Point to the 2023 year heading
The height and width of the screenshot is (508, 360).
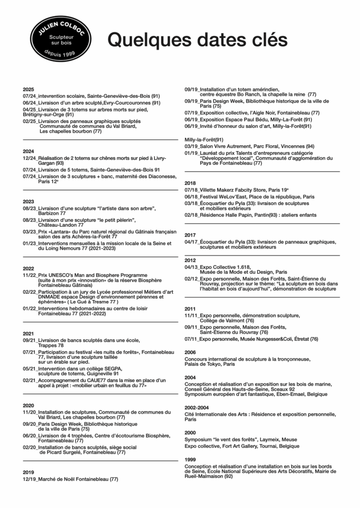pyautogui.click(x=28, y=201)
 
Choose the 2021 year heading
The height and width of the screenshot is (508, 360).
pyautogui.click(x=28, y=333)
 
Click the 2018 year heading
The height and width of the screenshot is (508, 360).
pyautogui.click(x=190, y=183)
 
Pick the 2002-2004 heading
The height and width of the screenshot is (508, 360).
pyautogui.click(x=196, y=407)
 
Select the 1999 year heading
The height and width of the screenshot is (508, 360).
pyautogui.click(x=190, y=459)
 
